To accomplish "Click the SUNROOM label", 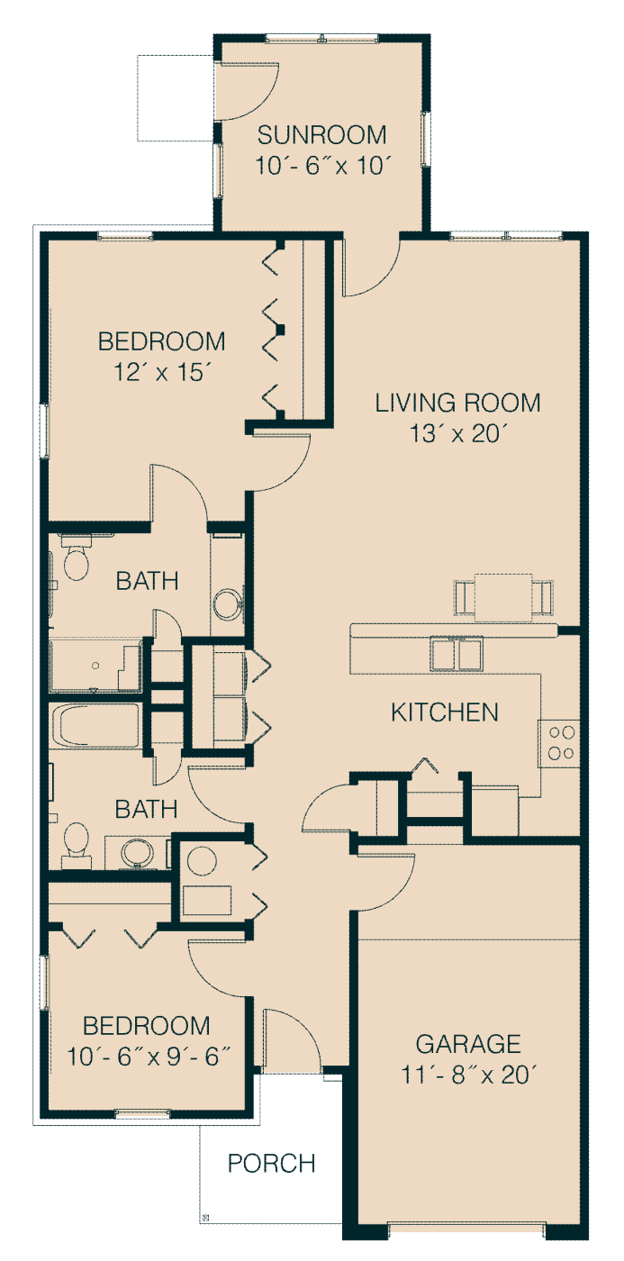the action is click(321, 135).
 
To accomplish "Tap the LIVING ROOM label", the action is click(457, 404).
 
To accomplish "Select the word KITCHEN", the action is click(445, 712).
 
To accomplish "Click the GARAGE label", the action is click(468, 1044).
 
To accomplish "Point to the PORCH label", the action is click(271, 1164).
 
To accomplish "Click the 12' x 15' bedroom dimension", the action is click(162, 372).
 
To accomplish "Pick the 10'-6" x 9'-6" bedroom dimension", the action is click(149, 1057).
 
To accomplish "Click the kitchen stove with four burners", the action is click(559, 743).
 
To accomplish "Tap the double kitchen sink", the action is click(457, 654).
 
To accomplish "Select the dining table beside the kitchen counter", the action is click(503, 596).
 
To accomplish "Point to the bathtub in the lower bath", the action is click(95, 725).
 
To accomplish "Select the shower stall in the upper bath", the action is click(95, 666).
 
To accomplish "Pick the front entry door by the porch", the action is click(293, 1041).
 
